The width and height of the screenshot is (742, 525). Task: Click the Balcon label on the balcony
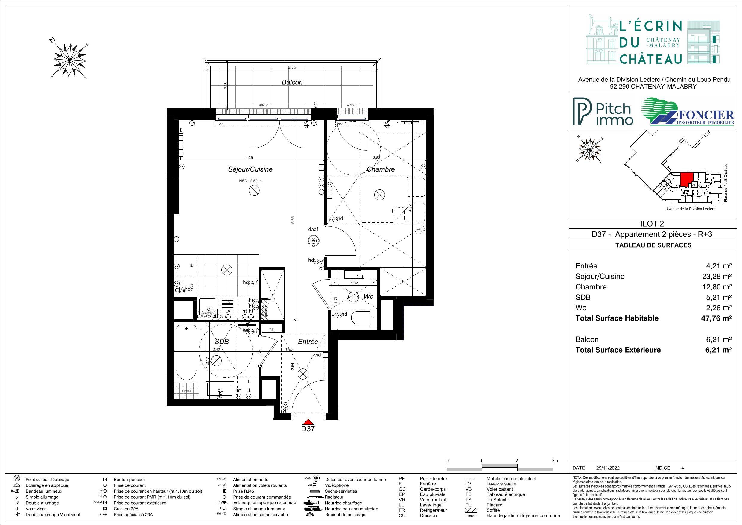pos(292,82)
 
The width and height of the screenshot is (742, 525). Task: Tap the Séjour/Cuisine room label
pos(250,169)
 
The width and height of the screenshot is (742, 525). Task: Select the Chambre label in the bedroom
pos(380,169)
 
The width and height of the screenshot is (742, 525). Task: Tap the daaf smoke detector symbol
pos(313,241)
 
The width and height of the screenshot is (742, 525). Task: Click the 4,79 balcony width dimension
pos(292,68)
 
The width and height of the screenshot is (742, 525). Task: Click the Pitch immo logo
pos(603,112)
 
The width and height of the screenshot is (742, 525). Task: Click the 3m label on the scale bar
pos(555,461)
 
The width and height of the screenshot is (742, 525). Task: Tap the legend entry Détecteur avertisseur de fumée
pos(355,480)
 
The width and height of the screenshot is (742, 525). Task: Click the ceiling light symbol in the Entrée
pos(303,374)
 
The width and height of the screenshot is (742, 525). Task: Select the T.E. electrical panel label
pos(272,330)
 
